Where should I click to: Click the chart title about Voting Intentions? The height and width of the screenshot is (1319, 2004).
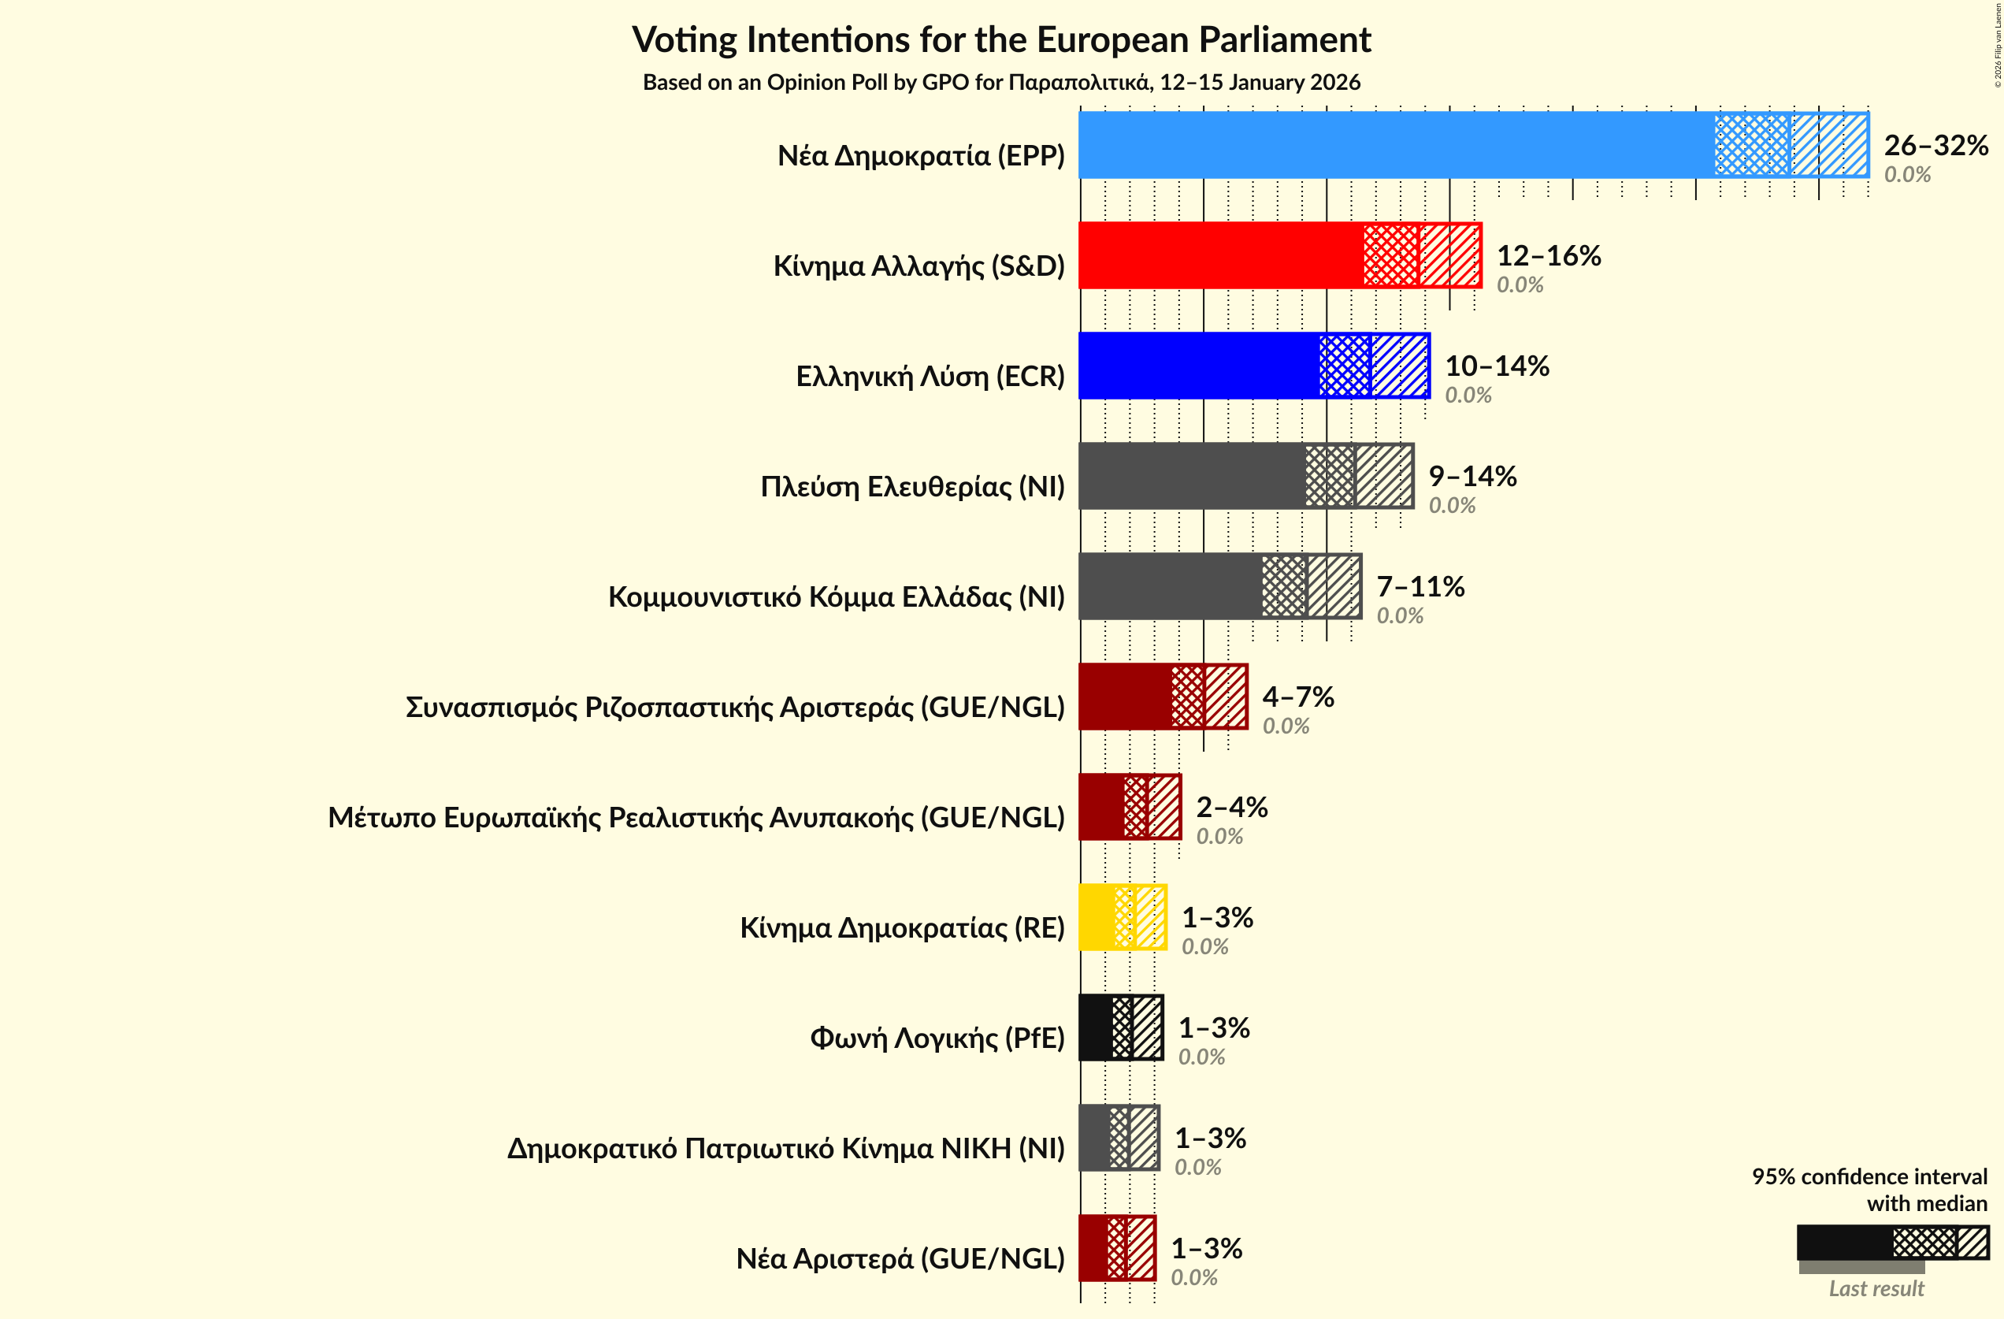1001,39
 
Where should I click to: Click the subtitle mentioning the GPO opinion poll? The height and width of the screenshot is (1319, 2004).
1001,83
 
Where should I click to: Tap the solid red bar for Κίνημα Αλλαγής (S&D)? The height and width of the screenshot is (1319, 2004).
1220,255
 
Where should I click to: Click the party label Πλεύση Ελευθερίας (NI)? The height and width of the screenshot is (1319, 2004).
912,487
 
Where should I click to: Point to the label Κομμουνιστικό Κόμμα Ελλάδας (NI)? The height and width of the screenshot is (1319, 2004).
836,597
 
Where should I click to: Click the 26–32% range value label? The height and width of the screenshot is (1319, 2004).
1935,145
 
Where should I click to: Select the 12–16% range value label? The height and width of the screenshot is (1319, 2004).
1549,255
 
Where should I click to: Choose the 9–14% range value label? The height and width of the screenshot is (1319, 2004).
1471,476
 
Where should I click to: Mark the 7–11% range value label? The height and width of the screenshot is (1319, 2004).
1420,586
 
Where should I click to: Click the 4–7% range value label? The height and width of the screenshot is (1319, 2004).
1297,697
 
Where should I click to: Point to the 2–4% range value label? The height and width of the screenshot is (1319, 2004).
1232,807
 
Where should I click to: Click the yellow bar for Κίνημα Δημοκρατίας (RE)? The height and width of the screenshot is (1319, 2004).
1097,917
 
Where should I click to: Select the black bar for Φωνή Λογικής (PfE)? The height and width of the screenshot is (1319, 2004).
1095,1027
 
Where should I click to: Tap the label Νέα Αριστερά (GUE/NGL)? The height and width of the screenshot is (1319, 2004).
900,1258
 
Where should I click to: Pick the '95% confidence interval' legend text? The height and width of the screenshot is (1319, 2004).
1869,1176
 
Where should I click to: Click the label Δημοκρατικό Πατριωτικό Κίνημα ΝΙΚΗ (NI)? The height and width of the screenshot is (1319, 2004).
785,1149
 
